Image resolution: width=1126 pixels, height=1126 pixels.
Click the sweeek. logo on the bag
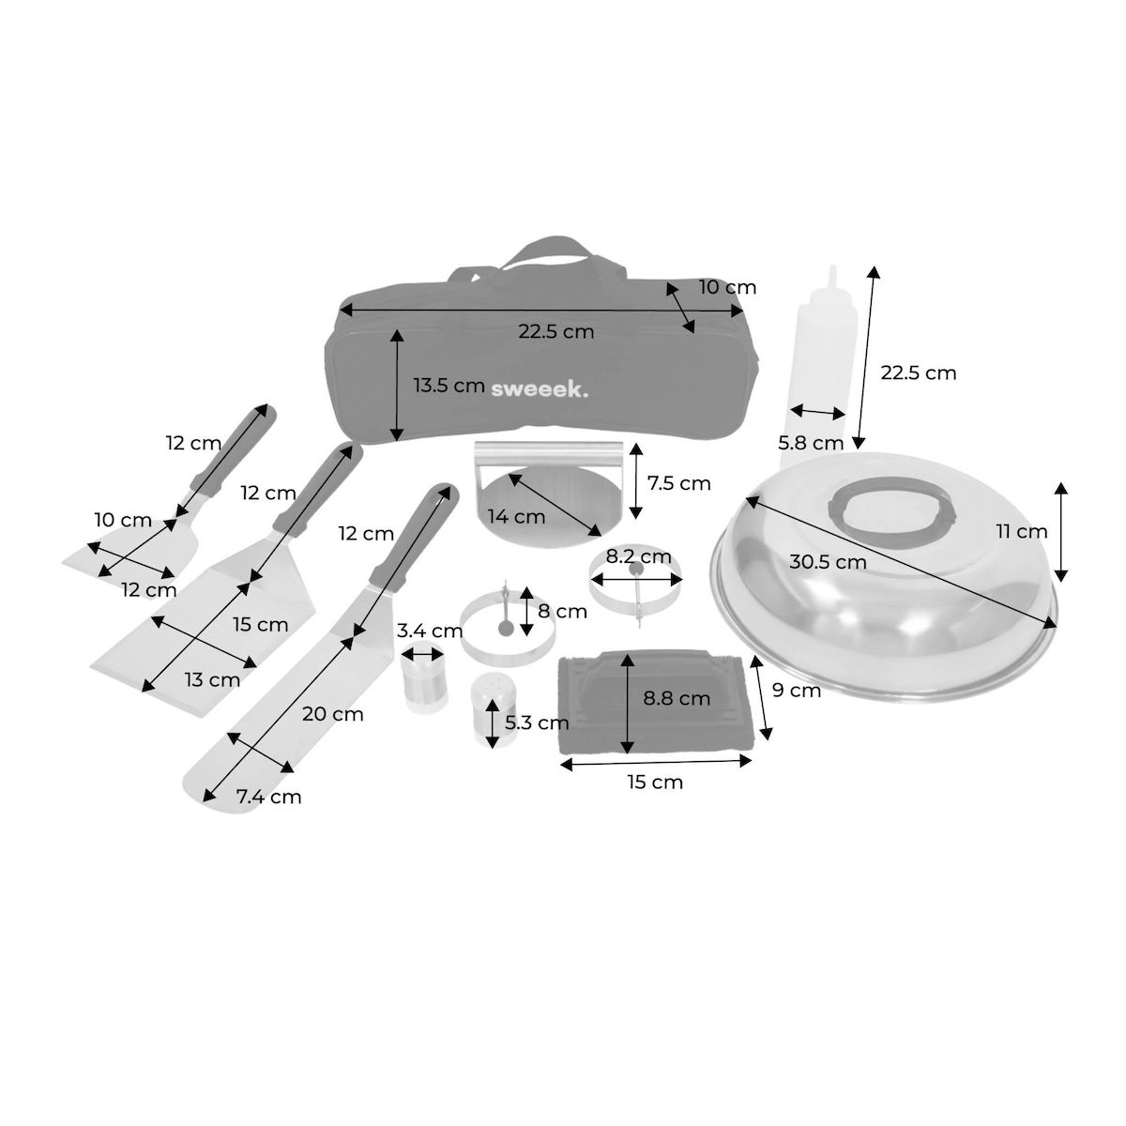coord(540,389)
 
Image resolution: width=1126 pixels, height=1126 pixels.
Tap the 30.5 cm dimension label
coord(828,562)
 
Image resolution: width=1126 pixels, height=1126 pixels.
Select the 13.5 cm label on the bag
coord(449,386)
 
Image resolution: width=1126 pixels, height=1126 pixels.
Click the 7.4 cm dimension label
coord(268,797)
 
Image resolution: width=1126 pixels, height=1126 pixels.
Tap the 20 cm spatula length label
coord(332,713)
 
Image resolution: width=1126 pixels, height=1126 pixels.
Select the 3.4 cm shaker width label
coord(430,631)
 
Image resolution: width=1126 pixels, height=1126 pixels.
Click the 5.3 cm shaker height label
coord(537,723)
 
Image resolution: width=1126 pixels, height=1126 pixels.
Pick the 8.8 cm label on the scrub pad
coord(677,698)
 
